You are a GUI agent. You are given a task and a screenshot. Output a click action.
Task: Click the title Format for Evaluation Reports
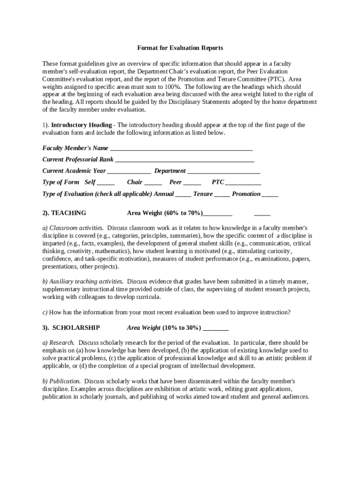pos(180,48)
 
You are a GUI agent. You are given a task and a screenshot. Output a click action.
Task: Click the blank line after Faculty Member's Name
pos(181,149)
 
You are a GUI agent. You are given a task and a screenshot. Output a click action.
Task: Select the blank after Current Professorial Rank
pos(185,160)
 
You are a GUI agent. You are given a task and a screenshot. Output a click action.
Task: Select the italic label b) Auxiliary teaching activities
pos(83,282)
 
